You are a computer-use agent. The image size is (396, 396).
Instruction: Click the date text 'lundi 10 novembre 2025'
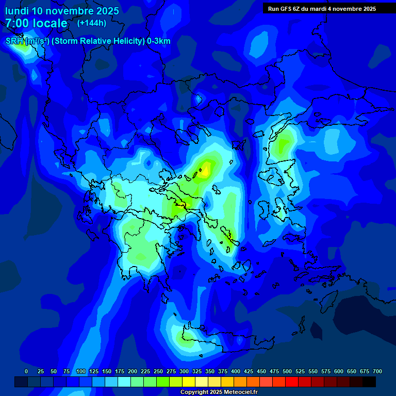coord(62,11)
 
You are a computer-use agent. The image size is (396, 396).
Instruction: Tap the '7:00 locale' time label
coord(36,23)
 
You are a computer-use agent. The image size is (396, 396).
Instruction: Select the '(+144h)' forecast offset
coord(92,23)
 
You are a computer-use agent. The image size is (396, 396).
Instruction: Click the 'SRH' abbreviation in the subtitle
coord(14,41)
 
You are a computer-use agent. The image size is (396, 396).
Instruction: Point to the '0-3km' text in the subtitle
coord(158,41)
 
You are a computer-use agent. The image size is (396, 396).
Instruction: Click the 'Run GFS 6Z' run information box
coord(322,9)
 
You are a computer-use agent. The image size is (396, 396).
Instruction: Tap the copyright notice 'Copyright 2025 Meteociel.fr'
coord(219,392)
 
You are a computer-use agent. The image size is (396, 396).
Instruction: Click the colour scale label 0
coord(26,371)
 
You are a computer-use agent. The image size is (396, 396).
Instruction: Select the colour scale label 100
coord(80,371)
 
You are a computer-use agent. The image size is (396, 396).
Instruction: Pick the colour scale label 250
coord(158,371)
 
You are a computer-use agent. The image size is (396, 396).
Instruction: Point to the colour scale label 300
coord(184,371)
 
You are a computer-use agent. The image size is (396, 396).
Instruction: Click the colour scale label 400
coord(236,371)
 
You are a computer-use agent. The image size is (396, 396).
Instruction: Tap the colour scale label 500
coord(287,371)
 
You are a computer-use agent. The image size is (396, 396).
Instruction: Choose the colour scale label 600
coord(339,371)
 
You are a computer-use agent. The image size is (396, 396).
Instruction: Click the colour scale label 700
coord(377,371)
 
